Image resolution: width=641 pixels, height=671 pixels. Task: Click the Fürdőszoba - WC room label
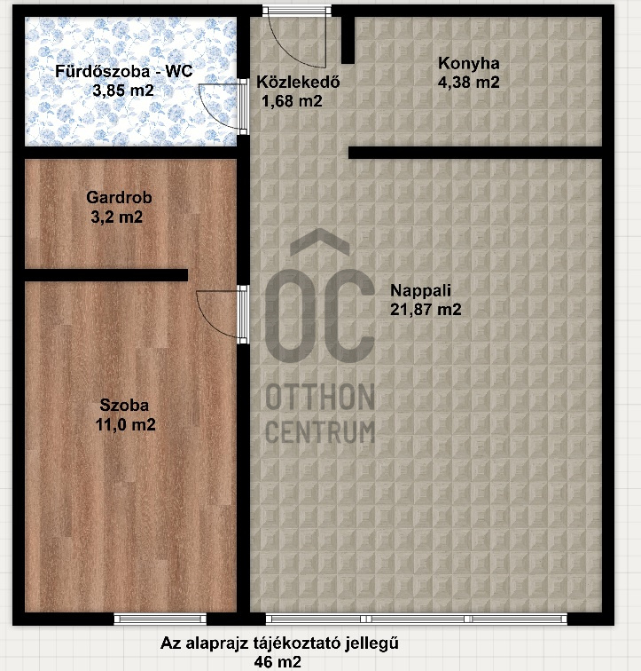[x=124, y=71]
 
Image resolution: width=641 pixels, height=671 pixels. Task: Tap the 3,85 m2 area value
[x=123, y=91]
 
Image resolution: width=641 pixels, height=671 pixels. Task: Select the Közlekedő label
[x=298, y=82]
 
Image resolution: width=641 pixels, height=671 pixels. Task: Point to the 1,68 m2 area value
[x=292, y=101]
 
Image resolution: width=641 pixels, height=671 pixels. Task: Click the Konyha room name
[x=469, y=63]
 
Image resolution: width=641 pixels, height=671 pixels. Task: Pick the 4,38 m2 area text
[x=469, y=83]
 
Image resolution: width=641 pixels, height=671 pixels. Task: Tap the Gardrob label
[x=119, y=197]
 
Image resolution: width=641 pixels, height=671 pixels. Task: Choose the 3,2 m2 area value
[x=117, y=217]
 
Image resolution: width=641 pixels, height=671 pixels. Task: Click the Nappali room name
[x=420, y=290]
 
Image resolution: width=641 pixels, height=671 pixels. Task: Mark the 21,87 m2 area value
[x=426, y=310]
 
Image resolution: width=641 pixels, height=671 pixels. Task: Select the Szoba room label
[x=124, y=405]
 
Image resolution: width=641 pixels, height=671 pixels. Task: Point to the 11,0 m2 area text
[x=126, y=424]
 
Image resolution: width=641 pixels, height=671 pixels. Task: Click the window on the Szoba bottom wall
[x=160, y=619]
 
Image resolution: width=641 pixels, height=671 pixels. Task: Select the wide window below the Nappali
[x=416, y=619]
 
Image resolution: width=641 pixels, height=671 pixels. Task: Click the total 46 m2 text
[x=278, y=662]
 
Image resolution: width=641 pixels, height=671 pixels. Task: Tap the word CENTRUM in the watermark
[x=320, y=431]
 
